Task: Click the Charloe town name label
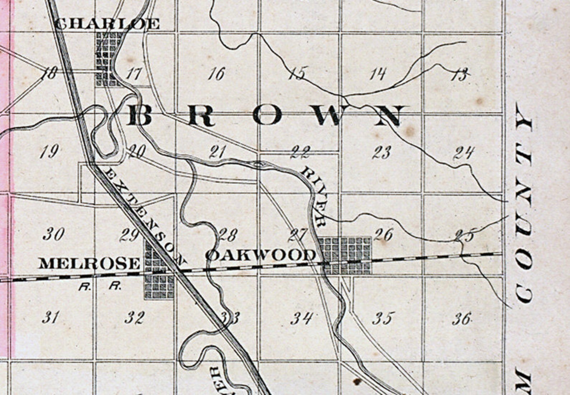(107, 24)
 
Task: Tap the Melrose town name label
(89, 263)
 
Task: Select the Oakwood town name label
(261, 255)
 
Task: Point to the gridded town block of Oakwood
(345, 255)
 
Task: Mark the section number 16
(216, 74)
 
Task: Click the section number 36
(462, 318)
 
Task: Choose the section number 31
(50, 318)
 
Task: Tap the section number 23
(382, 153)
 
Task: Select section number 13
(461, 75)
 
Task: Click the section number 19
(49, 152)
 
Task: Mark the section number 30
(54, 234)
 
